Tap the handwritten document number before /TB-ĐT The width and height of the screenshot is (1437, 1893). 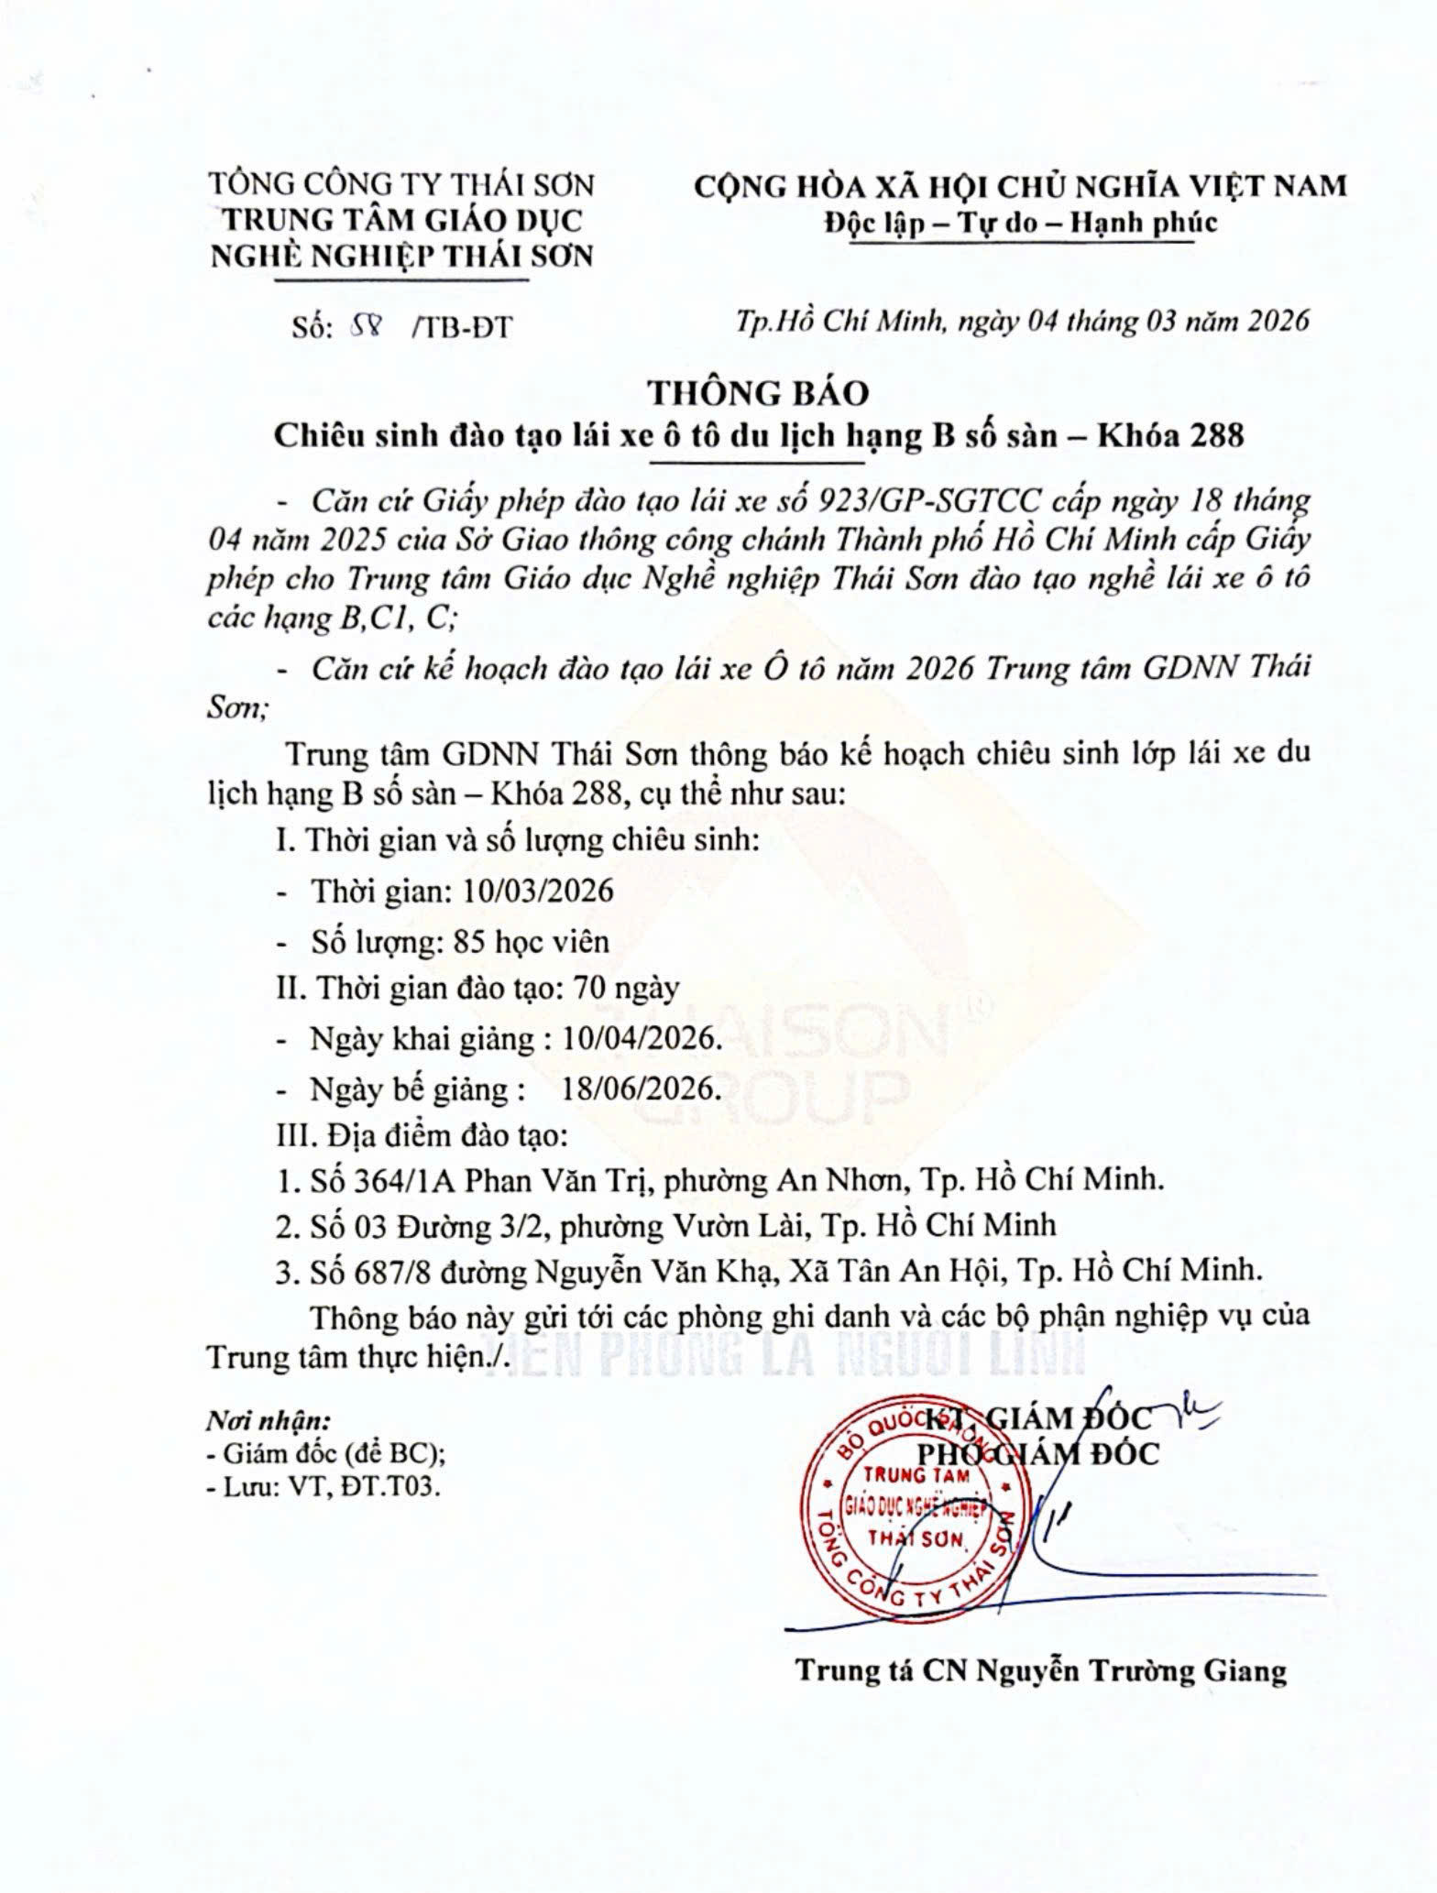(368, 326)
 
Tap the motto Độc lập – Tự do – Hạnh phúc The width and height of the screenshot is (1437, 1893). (1019, 223)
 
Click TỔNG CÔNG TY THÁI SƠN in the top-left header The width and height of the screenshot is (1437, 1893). (401, 185)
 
